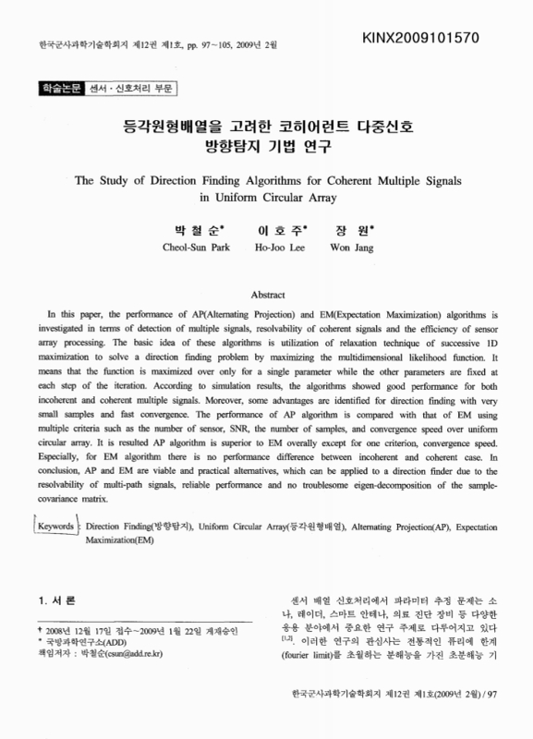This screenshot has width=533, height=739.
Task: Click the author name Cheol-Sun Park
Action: [189, 248]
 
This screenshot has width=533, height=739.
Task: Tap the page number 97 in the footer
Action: [494, 717]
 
